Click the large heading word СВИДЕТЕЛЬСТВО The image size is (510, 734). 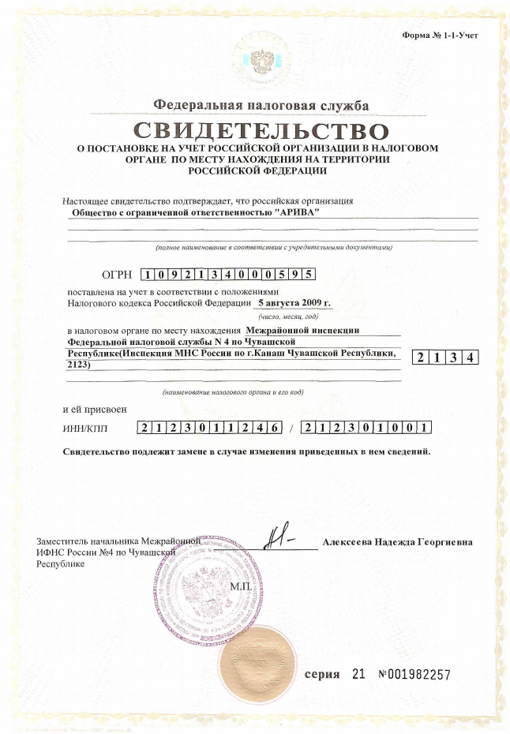[x=261, y=130]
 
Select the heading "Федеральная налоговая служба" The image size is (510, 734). [x=261, y=106]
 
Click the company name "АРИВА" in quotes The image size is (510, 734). [x=303, y=212]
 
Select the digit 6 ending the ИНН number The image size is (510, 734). [x=275, y=429]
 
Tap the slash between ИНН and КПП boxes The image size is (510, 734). [x=291, y=429]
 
